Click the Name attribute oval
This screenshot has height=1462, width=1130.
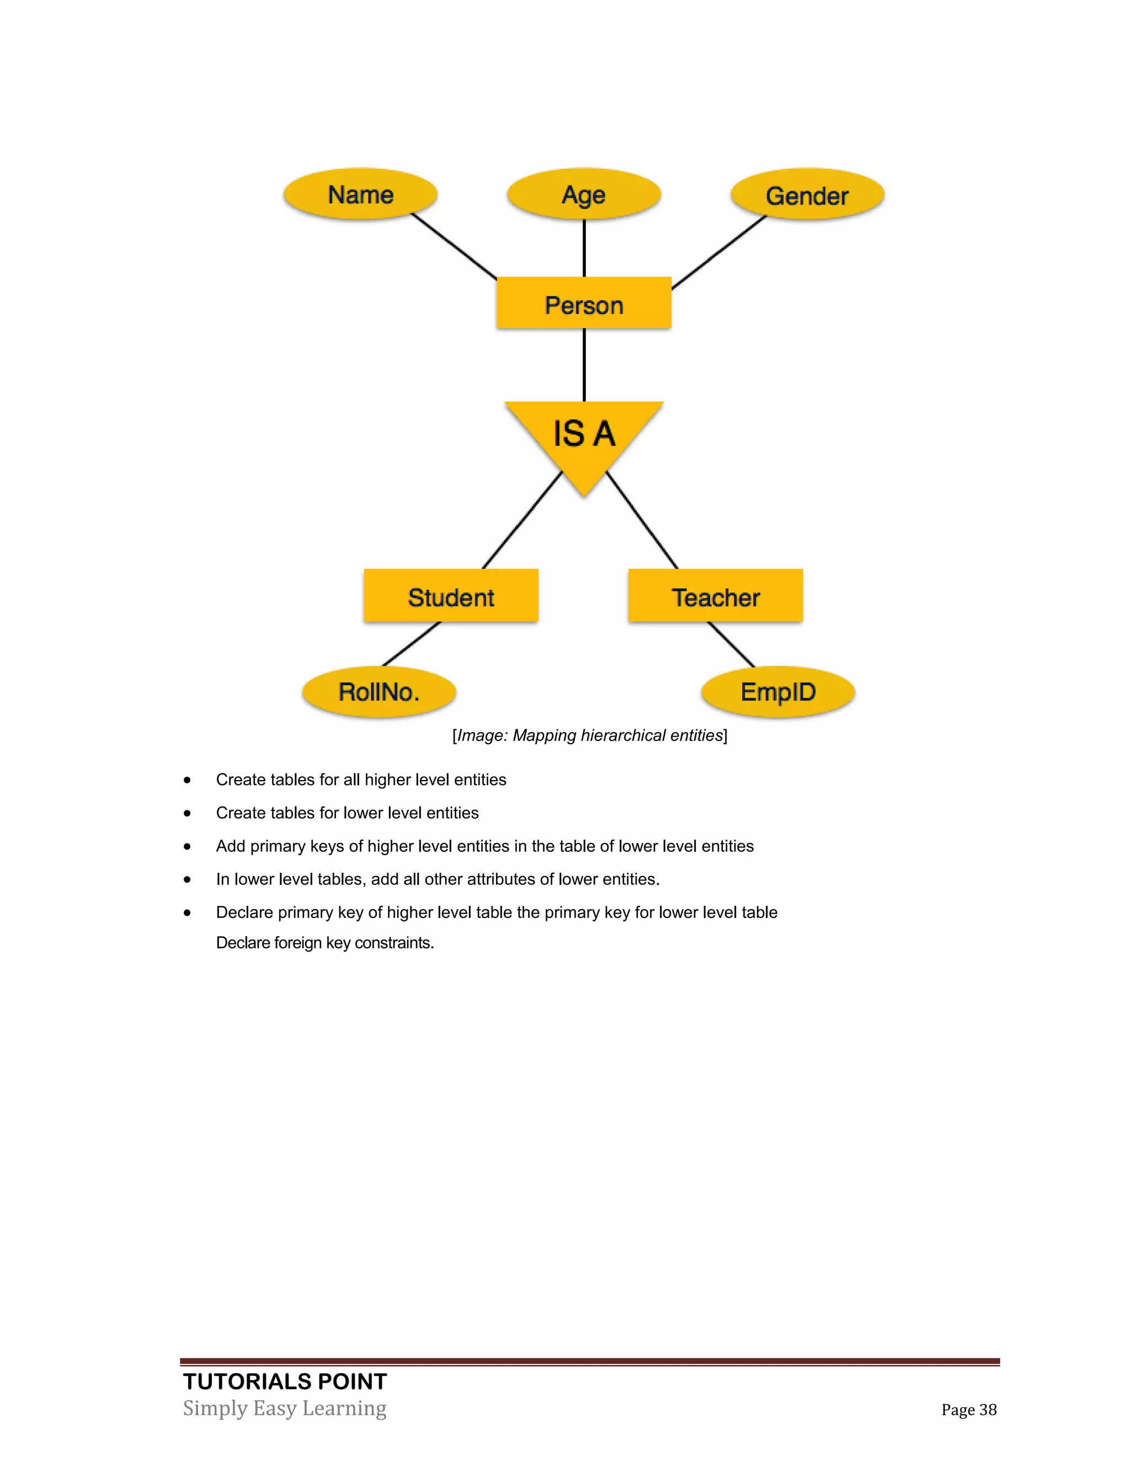[360, 194]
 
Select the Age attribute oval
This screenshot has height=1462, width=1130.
[584, 194]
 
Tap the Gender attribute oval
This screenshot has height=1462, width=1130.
[807, 195]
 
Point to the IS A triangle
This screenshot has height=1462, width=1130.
[584, 435]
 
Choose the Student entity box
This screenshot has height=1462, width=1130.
[451, 596]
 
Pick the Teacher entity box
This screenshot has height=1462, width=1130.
[715, 596]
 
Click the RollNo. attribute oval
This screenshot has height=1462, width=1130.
[379, 691]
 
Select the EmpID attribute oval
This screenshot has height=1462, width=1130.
[778, 691]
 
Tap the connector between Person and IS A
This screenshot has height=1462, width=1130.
[584, 365]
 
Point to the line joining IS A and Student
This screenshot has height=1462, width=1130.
[522, 520]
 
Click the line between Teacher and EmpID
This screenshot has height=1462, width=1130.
[731, 644]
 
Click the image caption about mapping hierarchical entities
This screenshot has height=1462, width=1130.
[590, 735]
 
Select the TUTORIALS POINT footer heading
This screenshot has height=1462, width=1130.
[285, 1381]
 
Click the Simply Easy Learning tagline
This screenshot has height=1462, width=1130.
[285, 1408]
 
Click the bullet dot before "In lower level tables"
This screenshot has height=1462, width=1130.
[188, 879]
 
